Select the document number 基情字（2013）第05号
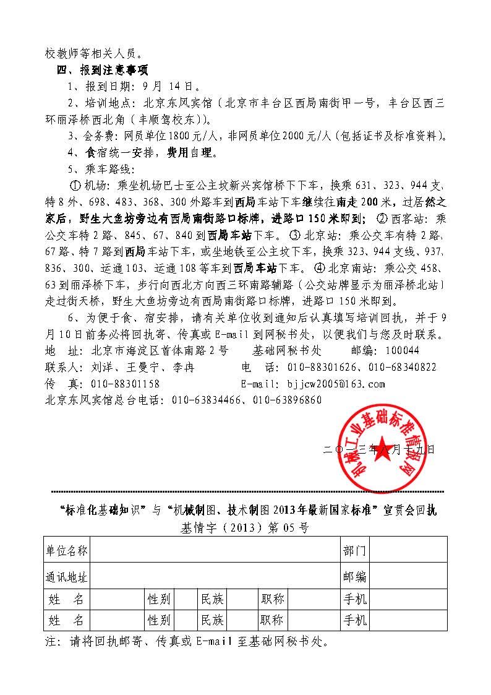pyautogui.click(x=245, y=528)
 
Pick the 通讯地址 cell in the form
pyautogui.click(x=67, y=576)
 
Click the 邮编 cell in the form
pyautogui.click(x=354, y=576)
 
